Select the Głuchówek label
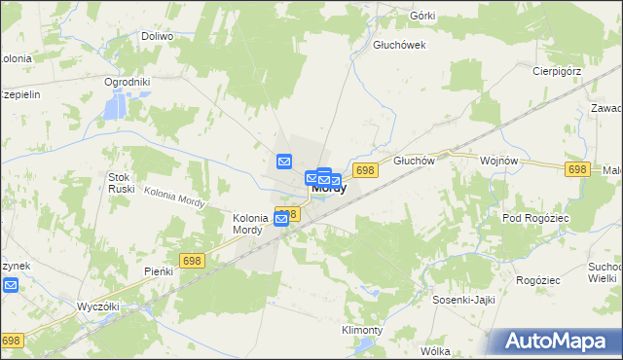[400, 45]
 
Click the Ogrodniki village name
[127, 82]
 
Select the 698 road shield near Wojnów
[576, 169]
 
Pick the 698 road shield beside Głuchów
[365, 170]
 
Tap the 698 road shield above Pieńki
[191, 260]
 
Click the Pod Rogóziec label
[534, 219]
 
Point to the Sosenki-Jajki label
[464, 301]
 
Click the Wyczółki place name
[97, 306]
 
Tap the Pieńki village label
[158, 271]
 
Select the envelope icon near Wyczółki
[10, 285]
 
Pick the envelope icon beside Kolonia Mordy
[280, 219]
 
